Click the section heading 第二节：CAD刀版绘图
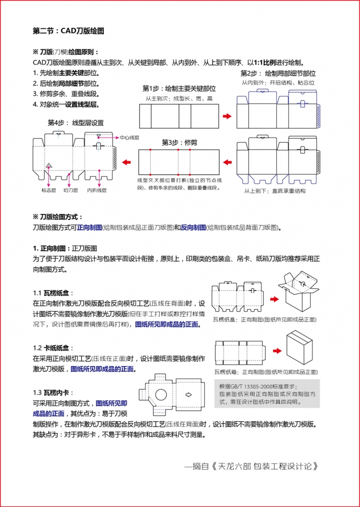click(68, 31)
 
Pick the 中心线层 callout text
click(129, 137)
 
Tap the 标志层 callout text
click(49, 190)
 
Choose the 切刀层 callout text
click(70, 190)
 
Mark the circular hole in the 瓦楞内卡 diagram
click(161, 394)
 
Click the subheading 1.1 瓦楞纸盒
click(53, 293)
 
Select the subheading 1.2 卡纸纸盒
click(53, 348)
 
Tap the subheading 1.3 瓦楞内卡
click(53, 392)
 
